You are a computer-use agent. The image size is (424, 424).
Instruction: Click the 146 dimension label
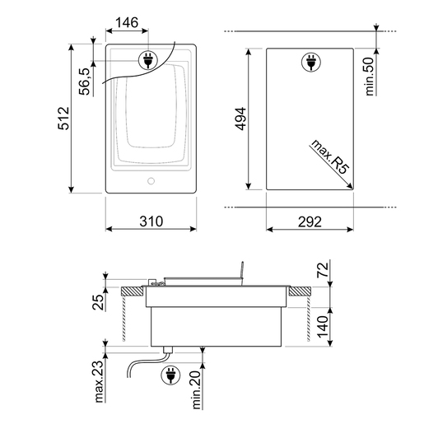[127, 22]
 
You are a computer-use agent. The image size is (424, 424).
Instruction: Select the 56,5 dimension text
[85, 82]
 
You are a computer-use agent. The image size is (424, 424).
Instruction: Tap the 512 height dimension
[63, 118]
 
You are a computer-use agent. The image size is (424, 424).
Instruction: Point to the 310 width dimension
[151, 221]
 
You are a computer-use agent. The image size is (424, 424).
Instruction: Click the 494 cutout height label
[240, 119]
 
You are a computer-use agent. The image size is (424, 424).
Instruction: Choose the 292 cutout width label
[310, 221]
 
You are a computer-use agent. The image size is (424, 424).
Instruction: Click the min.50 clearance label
[370, 77]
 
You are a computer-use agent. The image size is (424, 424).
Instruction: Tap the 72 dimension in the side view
[323, 270]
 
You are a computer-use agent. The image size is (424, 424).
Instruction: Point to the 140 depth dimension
[323, 327]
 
